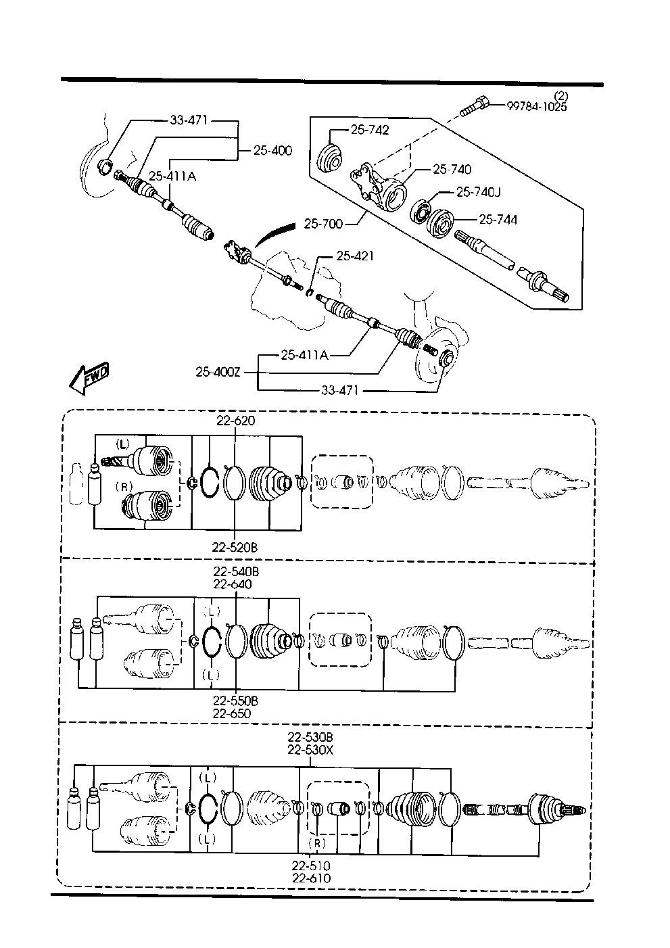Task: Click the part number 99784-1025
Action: pyautogui.click(x=537, y=106)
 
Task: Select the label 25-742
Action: pyautogui.click(x=370, y=130)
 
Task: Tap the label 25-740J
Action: pyautogui.click(x=478, y=192)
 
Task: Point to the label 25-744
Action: pyautogui.click(x=498, y=220)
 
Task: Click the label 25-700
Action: pyautogui.click(x=323, y=223)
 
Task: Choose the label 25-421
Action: pyautogui.click(x=355, y=256)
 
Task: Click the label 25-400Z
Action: pyautogui.click(x=218, y=372)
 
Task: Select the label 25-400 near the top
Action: pyautogui.click(x=272, y=150)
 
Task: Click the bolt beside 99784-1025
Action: pyautogui.click(x=474, y=107)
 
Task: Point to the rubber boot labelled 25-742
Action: pyautogui.click(x=330, y=159)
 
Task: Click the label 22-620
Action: pyautogui.click(x=236, y=421)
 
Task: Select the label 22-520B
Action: pyautogui.click(x=235, y=547)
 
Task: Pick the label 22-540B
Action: pyautogui.click(x=236, y=571)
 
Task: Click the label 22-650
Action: pyautogui.click(x=232, y=713)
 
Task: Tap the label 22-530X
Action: pyautogui.click(x=310, y=750)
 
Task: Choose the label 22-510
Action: pyautogui.click(x=311, y=866)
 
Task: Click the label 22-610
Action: pyautogui.click(x=311, y=878)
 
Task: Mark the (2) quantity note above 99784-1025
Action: pyautogui.click(x=560, y=96)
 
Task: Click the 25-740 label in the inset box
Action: pyautogui.click(x=452, y=169)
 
